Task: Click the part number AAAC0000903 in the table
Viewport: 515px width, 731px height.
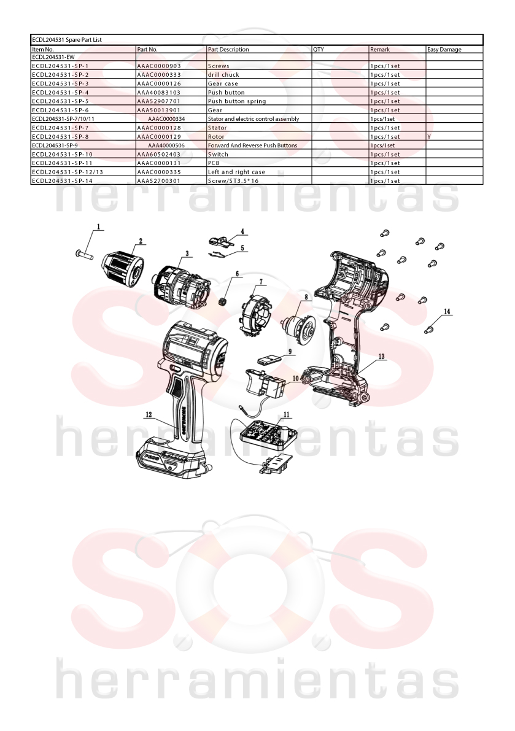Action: point(159,66)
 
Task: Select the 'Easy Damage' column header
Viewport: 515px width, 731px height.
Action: point(444,50)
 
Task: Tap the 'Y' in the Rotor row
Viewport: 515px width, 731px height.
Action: point(429,137)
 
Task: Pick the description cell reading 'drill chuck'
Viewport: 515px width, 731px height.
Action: point(223,75)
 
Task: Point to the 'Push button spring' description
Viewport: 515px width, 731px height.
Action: point(237,101)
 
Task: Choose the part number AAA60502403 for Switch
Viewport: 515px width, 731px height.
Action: point(159,154)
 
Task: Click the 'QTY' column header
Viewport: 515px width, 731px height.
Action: point(319,50)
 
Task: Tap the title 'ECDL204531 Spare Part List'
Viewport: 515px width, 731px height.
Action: point(67,40)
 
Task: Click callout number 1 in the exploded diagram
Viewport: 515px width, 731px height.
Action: point(98,227)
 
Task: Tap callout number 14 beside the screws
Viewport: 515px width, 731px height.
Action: point(447,311)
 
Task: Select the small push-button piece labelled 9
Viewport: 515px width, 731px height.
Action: point(269,358)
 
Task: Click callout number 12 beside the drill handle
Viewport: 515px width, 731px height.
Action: point(149,414)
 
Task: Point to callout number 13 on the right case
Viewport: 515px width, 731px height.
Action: point(382,357)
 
